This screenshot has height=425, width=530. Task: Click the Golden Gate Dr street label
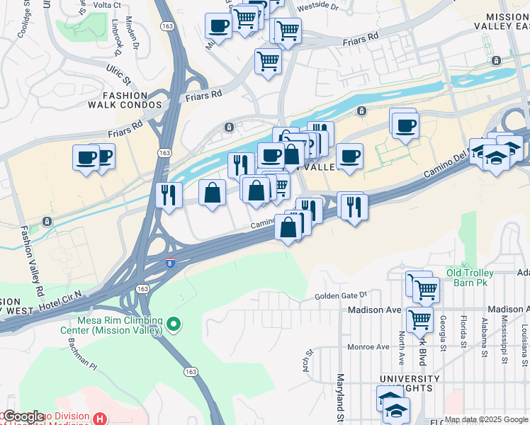[342, 295]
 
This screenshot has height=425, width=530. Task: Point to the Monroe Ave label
[368, 347]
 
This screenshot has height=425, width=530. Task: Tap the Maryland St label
[340, 397]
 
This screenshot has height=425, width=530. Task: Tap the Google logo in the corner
[23, 416]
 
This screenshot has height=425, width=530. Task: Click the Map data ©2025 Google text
[486, 419]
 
